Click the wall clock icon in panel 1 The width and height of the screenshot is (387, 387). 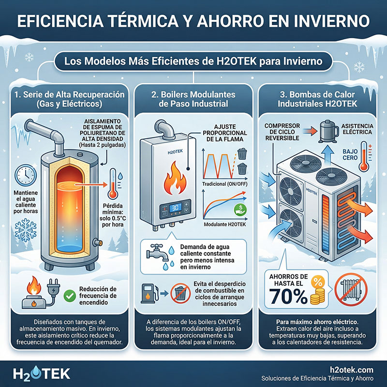25,176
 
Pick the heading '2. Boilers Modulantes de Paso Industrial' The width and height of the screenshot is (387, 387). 193,100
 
